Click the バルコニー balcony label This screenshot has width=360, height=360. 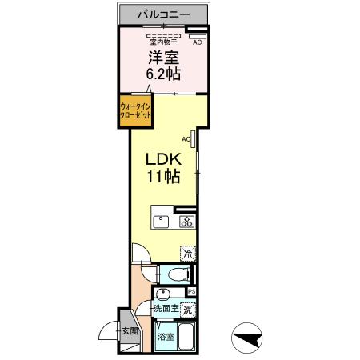click(x=163, y=14)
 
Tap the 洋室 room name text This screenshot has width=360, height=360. click(x=163, y=57)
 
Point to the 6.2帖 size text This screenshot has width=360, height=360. click(x=163, y=74)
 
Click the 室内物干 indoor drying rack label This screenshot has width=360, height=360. click(x=163, y=42)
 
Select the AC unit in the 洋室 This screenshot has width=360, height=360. click(x=198, y=36)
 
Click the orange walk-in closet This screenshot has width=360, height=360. click(x=135, y=111)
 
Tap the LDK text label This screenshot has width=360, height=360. click(x=163, y=159)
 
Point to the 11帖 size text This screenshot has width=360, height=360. click(x=163, y=176)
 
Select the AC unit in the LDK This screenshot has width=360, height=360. click(x=193, y=138)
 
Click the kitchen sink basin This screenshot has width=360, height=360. click(x=161, y=222)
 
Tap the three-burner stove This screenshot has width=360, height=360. click(x=187, y=222)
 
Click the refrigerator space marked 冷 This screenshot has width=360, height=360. click(x=188, y=253)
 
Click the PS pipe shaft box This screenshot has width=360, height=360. click(x=192, y=292)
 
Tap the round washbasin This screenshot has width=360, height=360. click(x=163, y=294)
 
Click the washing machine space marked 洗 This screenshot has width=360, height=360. click(x=188, y=310)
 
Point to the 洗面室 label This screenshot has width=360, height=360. click(x=166, y=309)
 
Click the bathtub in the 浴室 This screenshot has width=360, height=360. click(x=186, y=336)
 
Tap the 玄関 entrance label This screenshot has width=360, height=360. click(x=130, y=331)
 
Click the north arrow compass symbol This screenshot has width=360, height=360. click(x=247, y=338)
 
